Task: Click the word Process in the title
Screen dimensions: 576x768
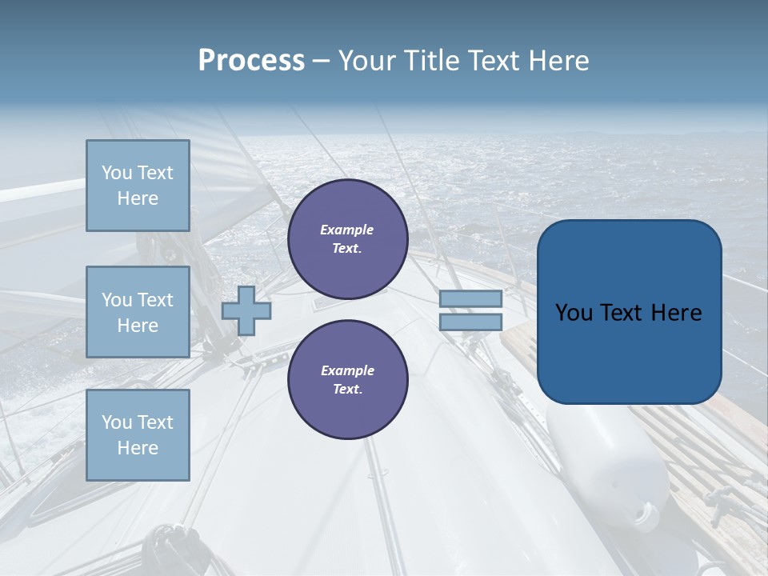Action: click(x=251, y=61)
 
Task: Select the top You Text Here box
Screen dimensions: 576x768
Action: click(x=138, y=186)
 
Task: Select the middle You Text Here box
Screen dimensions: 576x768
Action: click(x=138, y=312)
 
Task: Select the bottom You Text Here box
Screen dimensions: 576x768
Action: click(x=138, y=435)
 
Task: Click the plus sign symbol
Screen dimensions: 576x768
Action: click(x=246, y=310)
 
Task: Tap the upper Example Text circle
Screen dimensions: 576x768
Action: click(x=347, y=239)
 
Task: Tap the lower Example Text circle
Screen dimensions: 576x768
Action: click(x=347, y=380)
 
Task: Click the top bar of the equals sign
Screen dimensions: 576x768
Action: click(x=470, y=299)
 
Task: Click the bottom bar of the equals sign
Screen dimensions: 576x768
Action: click(x=470, y=322)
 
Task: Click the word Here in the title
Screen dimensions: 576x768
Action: click(x=559, y=61)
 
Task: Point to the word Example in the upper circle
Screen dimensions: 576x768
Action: click(x=347, y=230)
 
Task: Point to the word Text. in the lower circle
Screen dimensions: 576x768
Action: click(x=347, y=390)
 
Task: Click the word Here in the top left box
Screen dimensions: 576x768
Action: click(x=138, y=198)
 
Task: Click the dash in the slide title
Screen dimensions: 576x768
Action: click(x=321, y=62)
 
